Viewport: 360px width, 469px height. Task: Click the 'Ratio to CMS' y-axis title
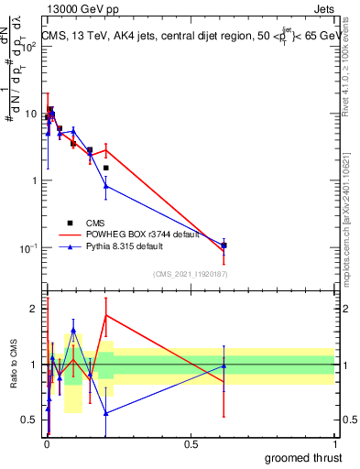14,364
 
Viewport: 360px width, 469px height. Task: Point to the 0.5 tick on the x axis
191,444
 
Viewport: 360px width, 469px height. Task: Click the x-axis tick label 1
336,444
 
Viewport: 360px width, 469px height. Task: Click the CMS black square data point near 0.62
224,245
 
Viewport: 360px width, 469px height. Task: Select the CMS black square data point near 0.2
106,168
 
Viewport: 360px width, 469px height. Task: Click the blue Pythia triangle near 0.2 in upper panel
106,186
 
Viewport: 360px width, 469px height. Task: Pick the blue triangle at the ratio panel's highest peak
73,330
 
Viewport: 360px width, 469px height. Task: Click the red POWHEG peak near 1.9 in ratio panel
106,315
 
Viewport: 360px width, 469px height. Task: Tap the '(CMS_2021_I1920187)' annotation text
190,273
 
